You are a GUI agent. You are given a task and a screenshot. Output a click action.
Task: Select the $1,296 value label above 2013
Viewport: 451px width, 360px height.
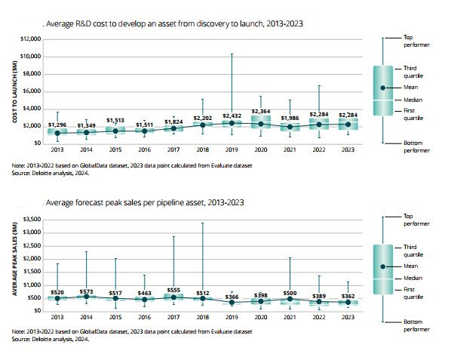58,124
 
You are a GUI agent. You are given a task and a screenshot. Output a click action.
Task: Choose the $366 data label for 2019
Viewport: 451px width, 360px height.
232,297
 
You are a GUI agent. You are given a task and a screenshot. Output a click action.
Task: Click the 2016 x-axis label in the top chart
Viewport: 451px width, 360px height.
146,150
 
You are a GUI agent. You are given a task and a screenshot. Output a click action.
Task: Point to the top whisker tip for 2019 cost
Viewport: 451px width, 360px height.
232,54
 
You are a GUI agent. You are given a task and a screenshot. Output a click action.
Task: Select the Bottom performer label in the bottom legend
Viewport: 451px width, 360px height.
413,325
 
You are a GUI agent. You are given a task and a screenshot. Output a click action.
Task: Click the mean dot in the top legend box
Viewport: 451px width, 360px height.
384,88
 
